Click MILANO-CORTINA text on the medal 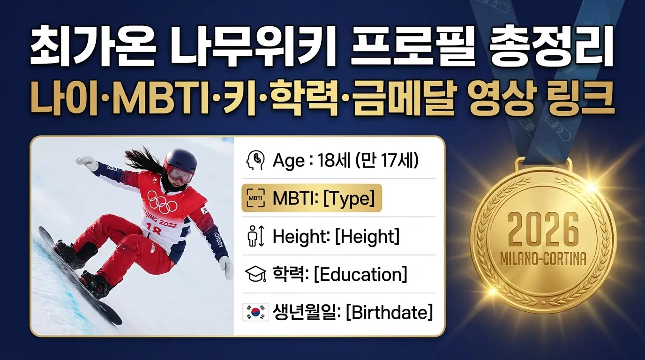[x=543, y=259]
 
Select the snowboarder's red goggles [x=180, y=175]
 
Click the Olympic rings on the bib [x=162, y=202]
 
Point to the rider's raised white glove [x=87, y=163]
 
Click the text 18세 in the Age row [x=331, y=161]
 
